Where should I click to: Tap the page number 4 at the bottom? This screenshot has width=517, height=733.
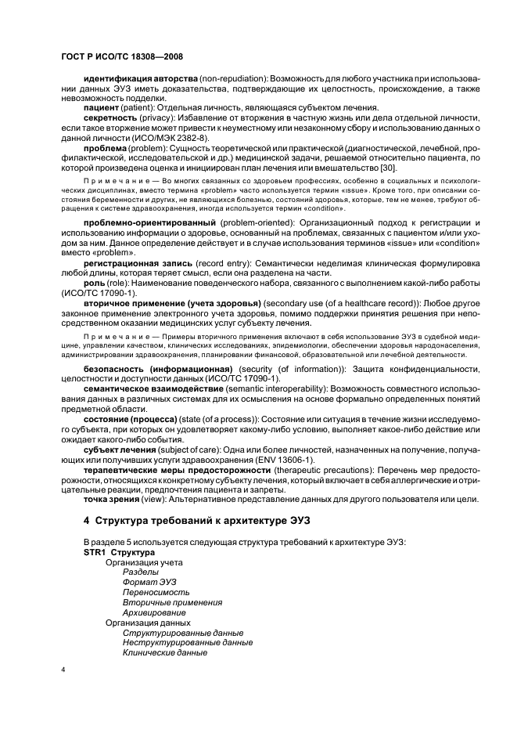pyautogui.click(x=63, y=670)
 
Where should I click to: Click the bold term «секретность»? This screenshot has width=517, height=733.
pyautogui.click(x=110, y=117)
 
